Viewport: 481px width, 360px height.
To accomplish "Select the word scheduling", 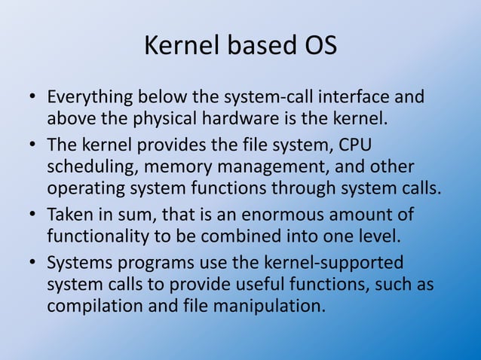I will pyautogui.click(x=94, y=166).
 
